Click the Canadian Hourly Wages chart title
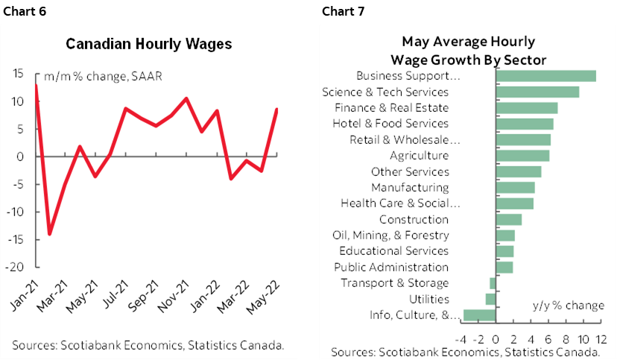[x=149, y=43]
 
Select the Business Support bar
[x=545, y=75]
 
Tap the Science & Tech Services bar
[x=537, y=92]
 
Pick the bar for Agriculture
[x=522, y=155]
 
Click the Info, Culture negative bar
[x=479, y=315]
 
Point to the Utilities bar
[x=490, y=299]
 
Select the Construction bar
[x=508, y=219]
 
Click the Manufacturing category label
[x=410, y=187]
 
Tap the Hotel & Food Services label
[x=390, y=124]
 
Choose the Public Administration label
[x=391, y=267]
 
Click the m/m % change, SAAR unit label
[x=103, y=76]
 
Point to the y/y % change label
[x=568, y=306]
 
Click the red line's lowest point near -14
[x=50, y=234]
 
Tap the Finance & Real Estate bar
[x=526, y=107]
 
